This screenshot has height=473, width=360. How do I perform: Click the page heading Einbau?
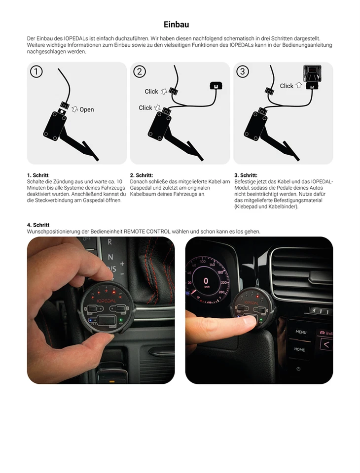[x=176, y=24]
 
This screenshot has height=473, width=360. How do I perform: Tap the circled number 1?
[x=36, y=72]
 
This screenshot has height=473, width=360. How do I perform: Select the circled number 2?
[x=140, y=72]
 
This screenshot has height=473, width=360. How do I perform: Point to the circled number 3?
[x=243, y=72]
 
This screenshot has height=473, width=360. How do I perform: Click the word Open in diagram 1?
[x=86, y=110]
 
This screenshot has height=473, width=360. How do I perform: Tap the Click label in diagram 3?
[x=287, y=86]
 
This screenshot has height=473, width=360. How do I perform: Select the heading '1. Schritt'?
[x=38, y=175]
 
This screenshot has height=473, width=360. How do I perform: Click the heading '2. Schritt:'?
[x=142, y=175]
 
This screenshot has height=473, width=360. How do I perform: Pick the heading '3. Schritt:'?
[x=246, y=175]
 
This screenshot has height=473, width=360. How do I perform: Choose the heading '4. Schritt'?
[x=38, y=225]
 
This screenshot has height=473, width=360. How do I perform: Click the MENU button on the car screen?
[x=300, y=332]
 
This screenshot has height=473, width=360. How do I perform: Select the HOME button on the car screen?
[x=300, y=349]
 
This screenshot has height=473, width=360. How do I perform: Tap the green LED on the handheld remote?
[x=120, y=319]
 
